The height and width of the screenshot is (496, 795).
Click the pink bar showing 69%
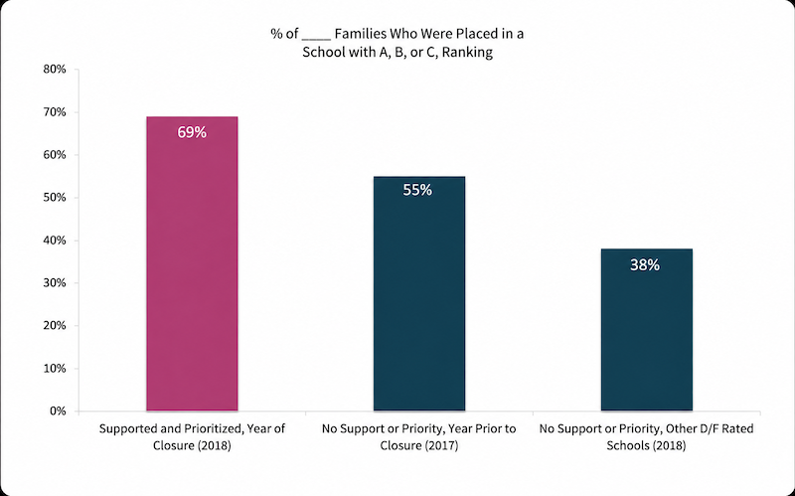[192, 263]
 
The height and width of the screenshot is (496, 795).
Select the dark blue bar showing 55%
[419, 293]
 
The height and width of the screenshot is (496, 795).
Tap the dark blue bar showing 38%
[647, 329]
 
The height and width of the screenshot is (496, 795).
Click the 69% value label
[192, 132]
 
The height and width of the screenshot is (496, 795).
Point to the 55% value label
[417, 190]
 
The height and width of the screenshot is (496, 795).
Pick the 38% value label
[645, 264]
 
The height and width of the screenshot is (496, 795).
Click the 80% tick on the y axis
[56, 69]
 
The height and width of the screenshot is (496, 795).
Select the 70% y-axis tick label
[56, 111]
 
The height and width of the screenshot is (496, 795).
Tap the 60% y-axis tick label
[56, 155]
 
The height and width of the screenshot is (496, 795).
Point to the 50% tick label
[56, 197]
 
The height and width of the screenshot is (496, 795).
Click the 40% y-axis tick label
[56, 240]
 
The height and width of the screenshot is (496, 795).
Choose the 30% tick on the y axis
[56, 282]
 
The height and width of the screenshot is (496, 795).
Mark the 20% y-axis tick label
[56, 326]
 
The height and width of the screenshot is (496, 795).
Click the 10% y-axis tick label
[56, 368]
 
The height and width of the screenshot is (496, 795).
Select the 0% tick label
[59, 411]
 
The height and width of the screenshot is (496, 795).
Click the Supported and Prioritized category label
[192, 437]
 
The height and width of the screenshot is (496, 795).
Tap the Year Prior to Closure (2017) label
[419, 437]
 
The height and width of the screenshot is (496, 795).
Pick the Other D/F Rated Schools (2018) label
[647, 437]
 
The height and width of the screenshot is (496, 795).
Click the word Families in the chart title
[360, 34]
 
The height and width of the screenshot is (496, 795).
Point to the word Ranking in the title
[467, 53]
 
